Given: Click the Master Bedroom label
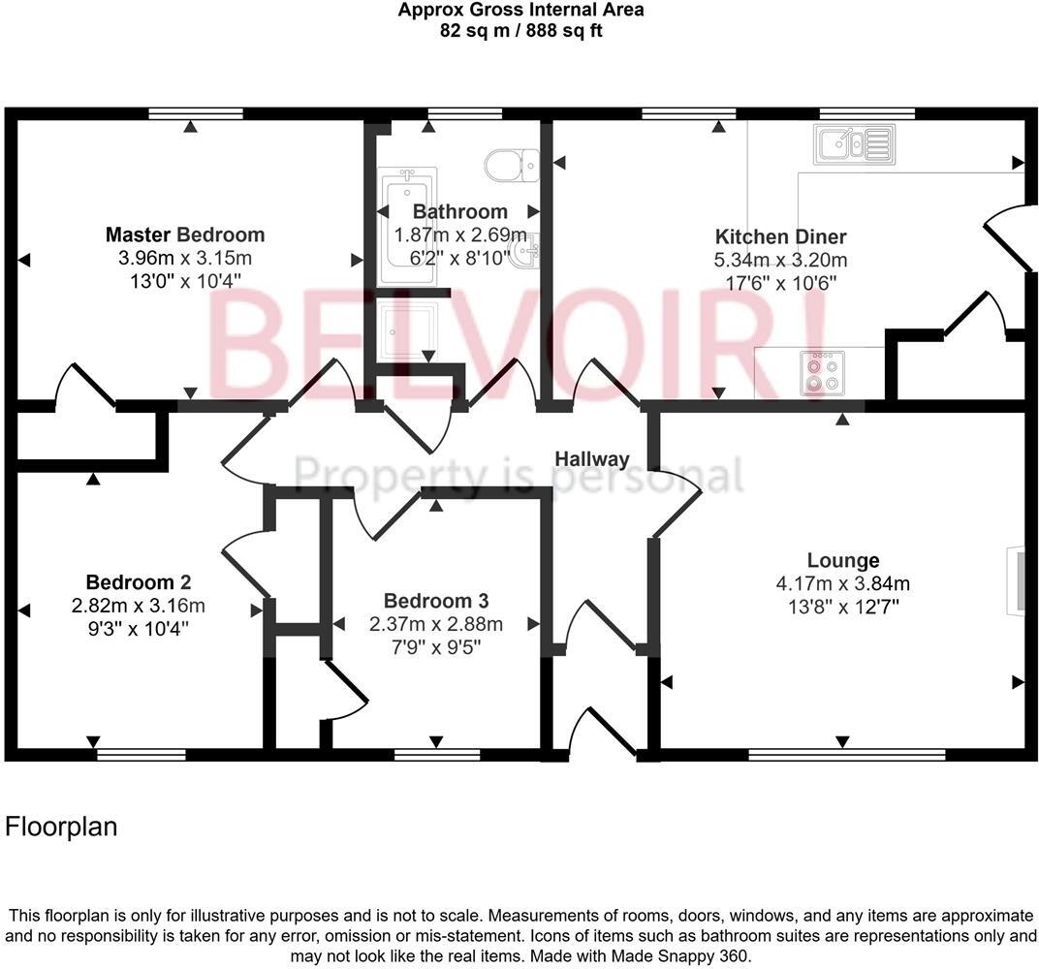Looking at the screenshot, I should click(x=184, y=234).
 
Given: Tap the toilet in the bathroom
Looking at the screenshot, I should click(x=512, y=164).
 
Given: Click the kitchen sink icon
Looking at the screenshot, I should click(x=853, y=144).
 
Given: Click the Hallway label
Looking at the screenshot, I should click(x=591, y=459).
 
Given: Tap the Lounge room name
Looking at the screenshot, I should click(x=842, y=560).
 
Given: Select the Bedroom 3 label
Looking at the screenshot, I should click(x=435, y=601).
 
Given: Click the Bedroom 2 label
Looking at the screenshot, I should click(x=138, y=582).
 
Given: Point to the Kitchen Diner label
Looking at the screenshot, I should click(x=780, y=236).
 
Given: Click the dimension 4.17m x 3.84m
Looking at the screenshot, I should click(x=842, y=583).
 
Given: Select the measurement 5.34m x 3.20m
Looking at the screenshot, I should click(x=780, y=260).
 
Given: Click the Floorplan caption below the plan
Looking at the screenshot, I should click(x=61, y=827).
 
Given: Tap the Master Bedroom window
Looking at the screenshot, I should click(x=196, y=113).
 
